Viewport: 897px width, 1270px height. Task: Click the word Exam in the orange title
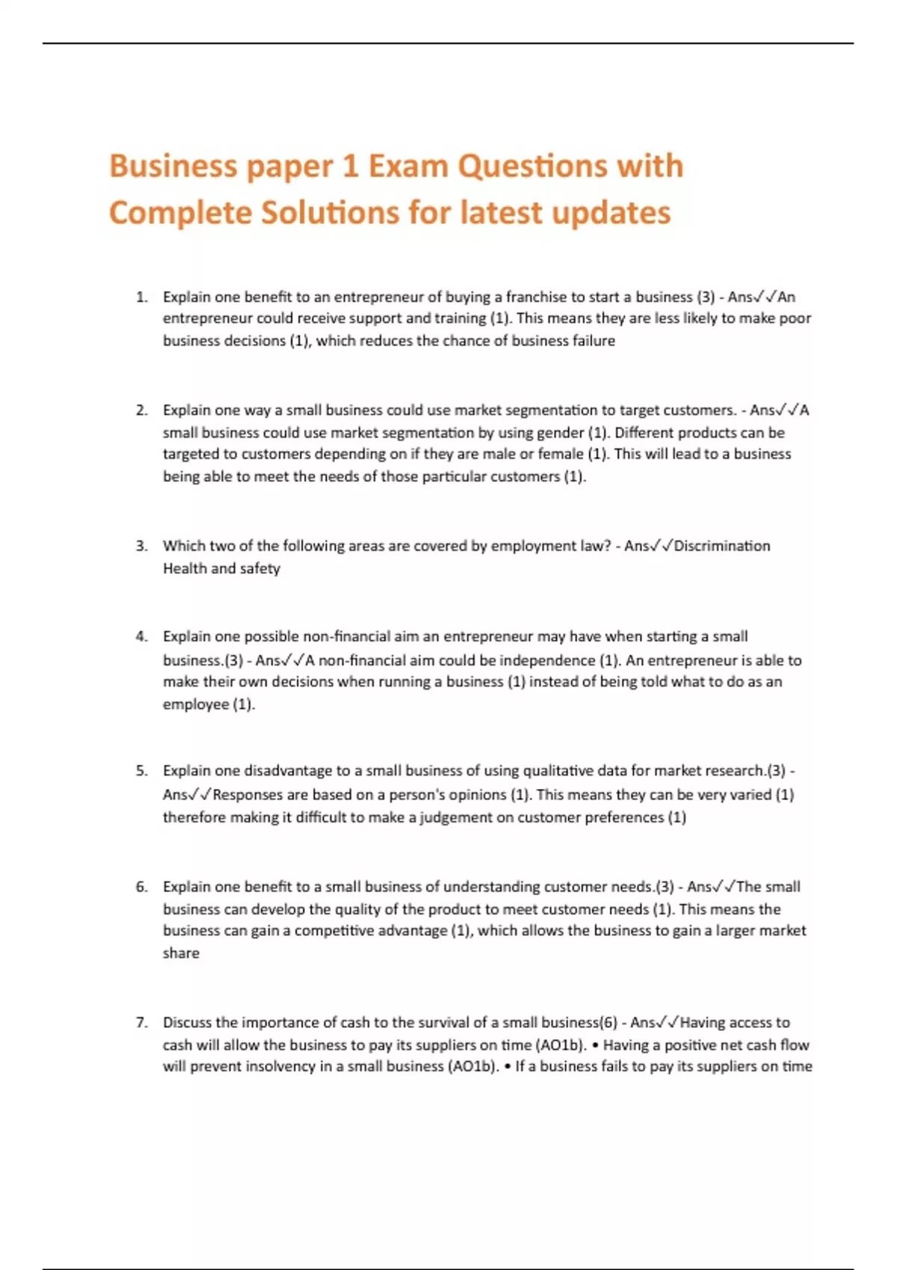coord(408,166)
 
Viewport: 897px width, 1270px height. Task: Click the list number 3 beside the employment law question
coord(141,546)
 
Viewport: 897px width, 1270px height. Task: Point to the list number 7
coord(141,1023)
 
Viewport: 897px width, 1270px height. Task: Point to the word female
coord(561,454)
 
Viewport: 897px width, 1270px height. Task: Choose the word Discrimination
coord(721,546)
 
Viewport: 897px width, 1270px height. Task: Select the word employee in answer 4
coord(196,704)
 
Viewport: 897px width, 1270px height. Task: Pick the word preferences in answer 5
coord(625,817)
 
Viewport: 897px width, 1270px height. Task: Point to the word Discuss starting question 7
coord(187,1023)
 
